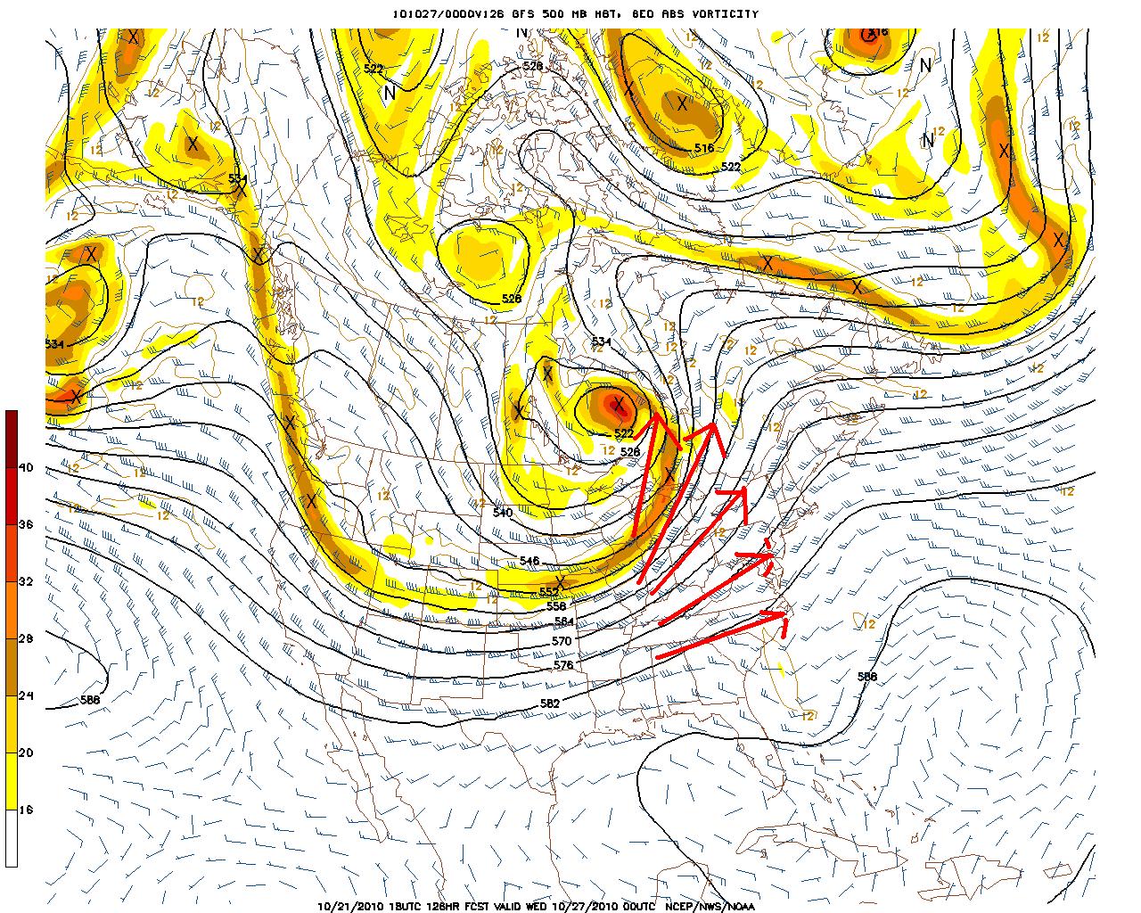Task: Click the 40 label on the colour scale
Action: [x=26, y=467]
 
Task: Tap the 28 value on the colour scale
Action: [x=26, y=638]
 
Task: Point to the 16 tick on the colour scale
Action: [x=26, y=810]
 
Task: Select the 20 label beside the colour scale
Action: [x=26, y=753]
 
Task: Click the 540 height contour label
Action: [x=503, y=513]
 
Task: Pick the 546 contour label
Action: [x=529, y=561]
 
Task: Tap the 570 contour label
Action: [x=562, y=640]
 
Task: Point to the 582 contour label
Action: [x=550, y=703]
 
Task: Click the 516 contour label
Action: [x=704, y=148]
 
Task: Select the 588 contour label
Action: [x=866, y=677]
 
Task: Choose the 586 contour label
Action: [x=90, y=700]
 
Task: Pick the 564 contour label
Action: [x=563, y=622]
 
